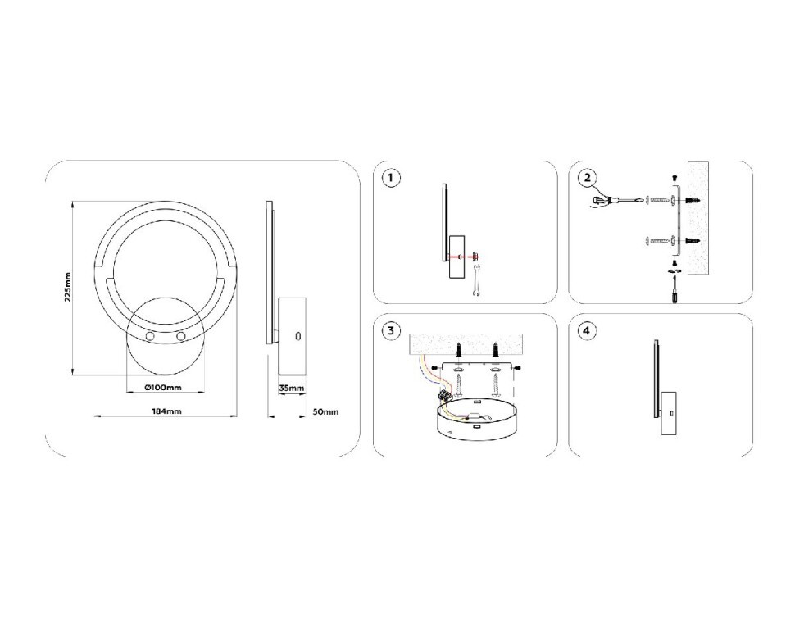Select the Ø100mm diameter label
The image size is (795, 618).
click(161, 387)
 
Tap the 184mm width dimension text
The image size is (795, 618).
click(166, 411)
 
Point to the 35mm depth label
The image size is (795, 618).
click(291, 388)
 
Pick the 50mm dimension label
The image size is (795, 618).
click(325, 411)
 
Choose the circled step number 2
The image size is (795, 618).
click(587, 178)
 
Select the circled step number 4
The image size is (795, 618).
click(587, 331)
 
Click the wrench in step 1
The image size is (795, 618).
click(473, 281)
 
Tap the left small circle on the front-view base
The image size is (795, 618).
click(150, 337)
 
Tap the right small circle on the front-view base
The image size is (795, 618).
click(179, 337)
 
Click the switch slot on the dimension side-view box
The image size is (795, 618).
click(298, 336)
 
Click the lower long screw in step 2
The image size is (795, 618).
click(656, 240)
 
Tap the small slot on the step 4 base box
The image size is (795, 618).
click(669, 413)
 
